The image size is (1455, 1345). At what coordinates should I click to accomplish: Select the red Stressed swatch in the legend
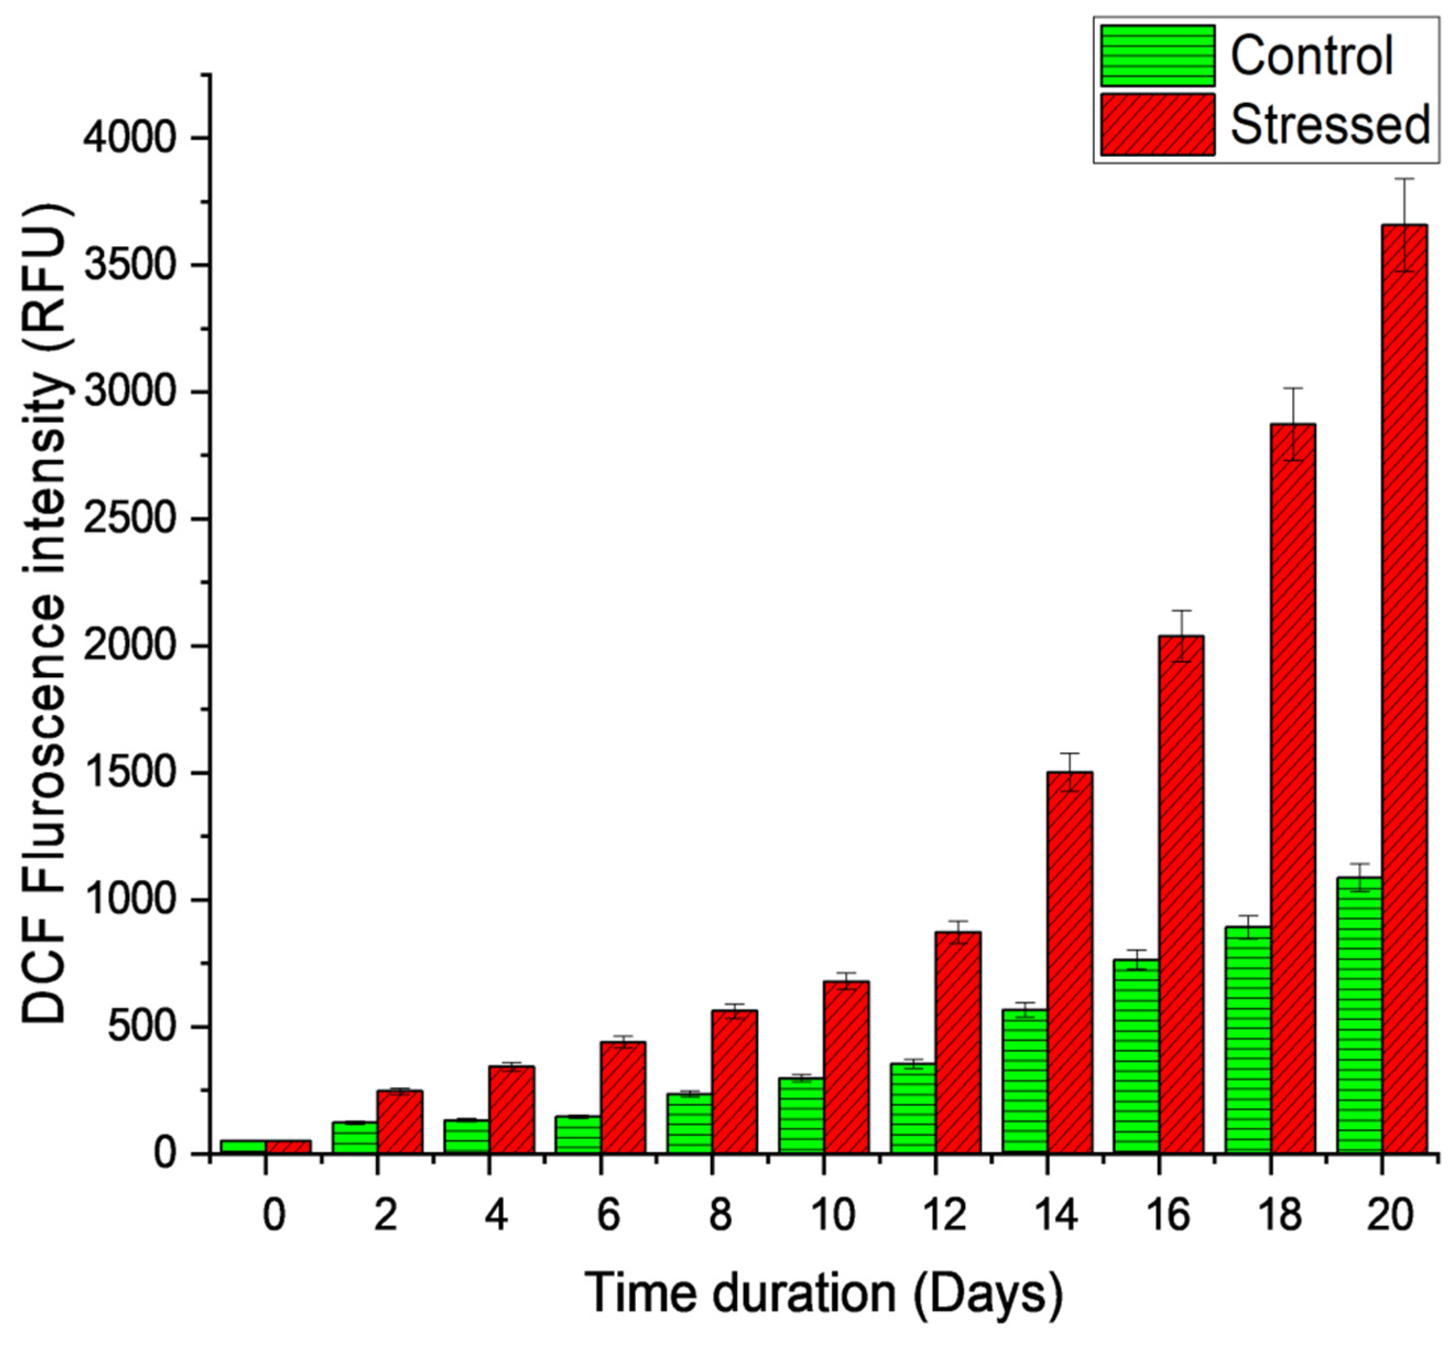pos(1157,124)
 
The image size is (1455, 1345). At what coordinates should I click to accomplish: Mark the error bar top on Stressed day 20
pos(1404,178)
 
